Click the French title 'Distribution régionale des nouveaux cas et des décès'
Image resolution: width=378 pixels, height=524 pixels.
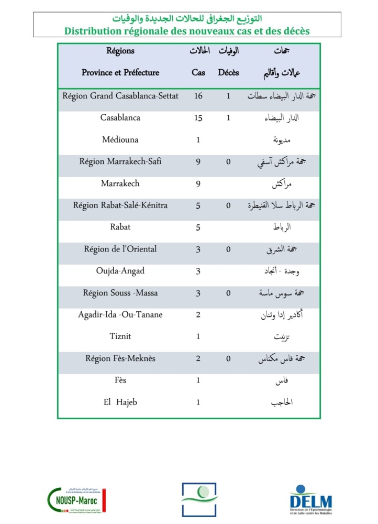click(187, 31)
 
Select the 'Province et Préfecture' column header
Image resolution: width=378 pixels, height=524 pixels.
click(120, 73)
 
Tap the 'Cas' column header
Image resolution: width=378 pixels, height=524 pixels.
click(198, 73)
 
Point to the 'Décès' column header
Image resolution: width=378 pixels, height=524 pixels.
click(228, 73)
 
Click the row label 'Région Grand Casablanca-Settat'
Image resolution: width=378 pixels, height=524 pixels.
click(120, 96)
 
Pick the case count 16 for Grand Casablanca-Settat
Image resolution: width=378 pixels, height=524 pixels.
click(198, 96)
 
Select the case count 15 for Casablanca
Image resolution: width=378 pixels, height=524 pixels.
click(198, 118)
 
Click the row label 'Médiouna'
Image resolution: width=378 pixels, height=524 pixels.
click(120, 140)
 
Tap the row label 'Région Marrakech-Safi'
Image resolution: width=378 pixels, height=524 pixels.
click(120, 162)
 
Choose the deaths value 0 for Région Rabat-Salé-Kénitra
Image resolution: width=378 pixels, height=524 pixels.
click(228, 206)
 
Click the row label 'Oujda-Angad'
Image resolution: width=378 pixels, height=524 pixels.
click(120, 271)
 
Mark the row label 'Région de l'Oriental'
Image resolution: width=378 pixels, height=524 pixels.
click(120, 249)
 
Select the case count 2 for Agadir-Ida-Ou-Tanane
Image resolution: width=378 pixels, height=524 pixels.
click(198, 315)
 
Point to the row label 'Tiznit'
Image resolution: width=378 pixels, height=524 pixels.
click(120, 336)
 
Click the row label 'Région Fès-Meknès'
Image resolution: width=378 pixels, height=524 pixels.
click(120, 359)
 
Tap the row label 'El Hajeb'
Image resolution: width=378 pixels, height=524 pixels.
click(120, 402)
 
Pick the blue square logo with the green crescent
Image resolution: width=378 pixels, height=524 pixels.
click(198, 499)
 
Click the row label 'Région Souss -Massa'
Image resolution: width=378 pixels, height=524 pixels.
click(120, 293)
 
